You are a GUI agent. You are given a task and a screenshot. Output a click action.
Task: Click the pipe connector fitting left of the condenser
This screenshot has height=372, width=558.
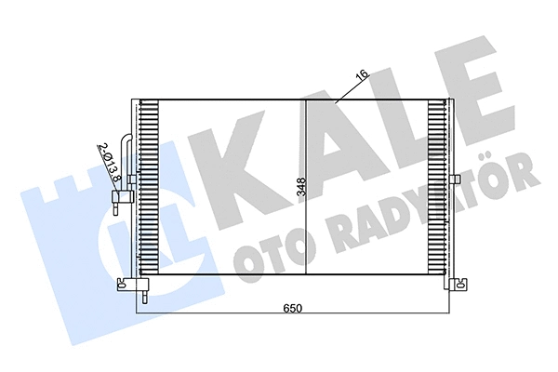coord(118,198)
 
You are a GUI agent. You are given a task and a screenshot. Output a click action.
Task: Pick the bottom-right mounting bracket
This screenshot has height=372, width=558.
coord(457,285)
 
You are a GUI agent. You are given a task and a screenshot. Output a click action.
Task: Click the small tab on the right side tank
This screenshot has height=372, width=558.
coord(457,179)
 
